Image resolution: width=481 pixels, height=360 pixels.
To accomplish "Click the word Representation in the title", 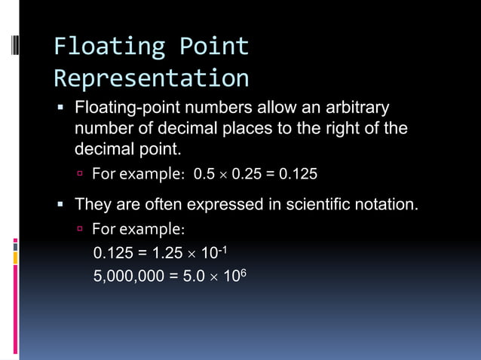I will pyautogui.click(x=151, y=78).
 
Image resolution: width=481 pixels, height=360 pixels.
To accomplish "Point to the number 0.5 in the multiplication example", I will pyautogui.click(x=204, y=175).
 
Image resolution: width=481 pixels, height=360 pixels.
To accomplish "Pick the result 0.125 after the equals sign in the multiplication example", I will pyautogui.click(x=299, y=175).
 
